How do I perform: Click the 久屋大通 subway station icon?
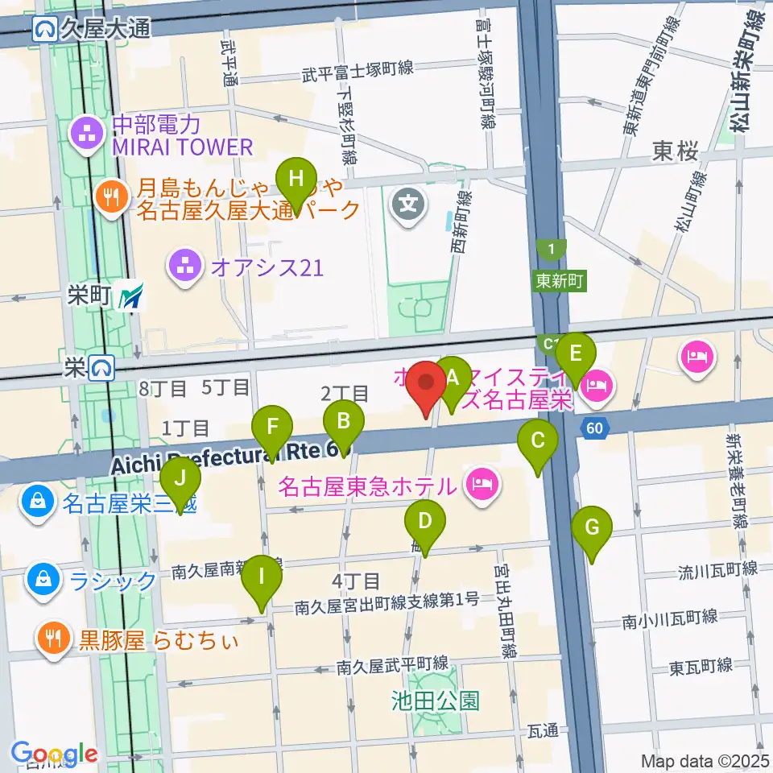[x=44, y=30]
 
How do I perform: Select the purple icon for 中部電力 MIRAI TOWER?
[x=85, y=135]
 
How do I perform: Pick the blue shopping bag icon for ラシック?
[x=39, y=579]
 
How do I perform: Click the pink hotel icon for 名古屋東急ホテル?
[x=482, y=485]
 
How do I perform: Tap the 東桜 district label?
[x=675, y=151]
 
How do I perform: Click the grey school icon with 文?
[x=408, y=202]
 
